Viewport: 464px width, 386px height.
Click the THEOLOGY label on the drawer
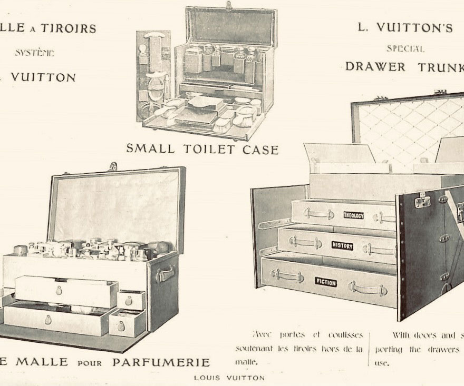353,215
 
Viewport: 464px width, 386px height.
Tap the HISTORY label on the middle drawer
342,245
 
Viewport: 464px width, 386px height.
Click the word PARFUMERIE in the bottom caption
161,362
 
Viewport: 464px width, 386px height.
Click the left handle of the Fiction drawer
287,274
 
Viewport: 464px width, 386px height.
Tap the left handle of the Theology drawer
318,214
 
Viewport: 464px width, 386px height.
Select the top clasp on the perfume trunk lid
112,166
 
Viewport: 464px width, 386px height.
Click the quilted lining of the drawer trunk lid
406,129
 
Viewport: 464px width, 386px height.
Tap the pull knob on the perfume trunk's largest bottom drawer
48,320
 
